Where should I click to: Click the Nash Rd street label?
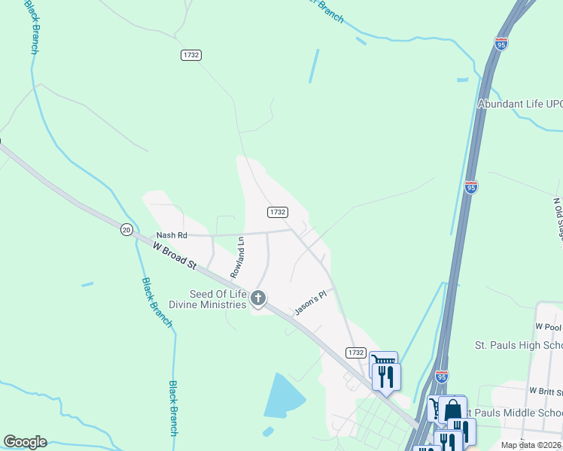pyautogui.click(x=171, y=235)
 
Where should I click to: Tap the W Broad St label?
pyautogui.click(x=175, y=256)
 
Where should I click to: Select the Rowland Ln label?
pyautogui.click(x=238, y=258)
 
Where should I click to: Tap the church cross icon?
pyautogui.click(x=258, y=299)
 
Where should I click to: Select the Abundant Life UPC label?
pyautogui.click(x=520, y=104)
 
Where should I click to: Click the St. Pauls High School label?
pyautogui.click(x=519, y=345)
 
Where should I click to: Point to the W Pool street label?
pyautogui.click(x=549, y=327)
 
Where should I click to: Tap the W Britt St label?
pyautogui.click(x=546, y=391)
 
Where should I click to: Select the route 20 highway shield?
pyautogui.click(x=126, y=229)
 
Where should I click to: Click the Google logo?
pyautogui.click(x=25, y=442)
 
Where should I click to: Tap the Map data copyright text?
pyautogui.click(x=530, y=445)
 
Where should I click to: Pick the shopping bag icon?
pyautogui.click(x=453, y=410)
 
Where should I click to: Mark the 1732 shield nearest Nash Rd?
pyautogui.click(x=278, y=212)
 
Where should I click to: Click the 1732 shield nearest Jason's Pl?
pyautogui.click(x=356, y=352)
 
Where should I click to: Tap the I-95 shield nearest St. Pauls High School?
pyautogui.click(x=441, y=374)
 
